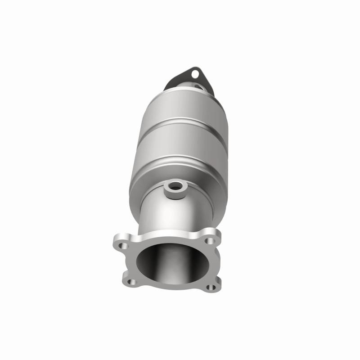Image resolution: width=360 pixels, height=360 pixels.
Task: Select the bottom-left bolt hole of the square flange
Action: [x=131, y=282]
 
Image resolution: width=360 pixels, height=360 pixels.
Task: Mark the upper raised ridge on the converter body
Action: [x=180, y=121]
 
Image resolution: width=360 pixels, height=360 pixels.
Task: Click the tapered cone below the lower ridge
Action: [x=148, y=189]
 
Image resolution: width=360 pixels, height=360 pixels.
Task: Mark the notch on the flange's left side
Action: [x=122, y=265]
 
